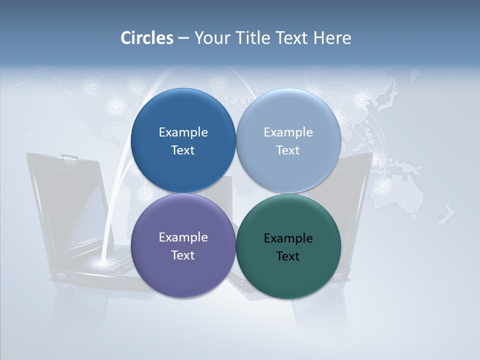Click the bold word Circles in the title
click(146, 38)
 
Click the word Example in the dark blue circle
click(183, 132)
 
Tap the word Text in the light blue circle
click(288, 150)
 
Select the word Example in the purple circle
click(183, 237)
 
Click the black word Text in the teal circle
click(288, 256)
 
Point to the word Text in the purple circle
click(183, 255)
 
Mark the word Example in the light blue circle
click(288, 132)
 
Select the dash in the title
click(183, 38)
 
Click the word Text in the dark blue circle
click(183, 150)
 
